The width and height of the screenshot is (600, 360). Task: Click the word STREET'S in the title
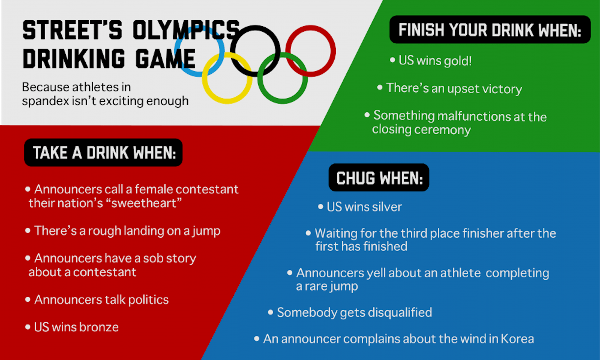coord(72,30)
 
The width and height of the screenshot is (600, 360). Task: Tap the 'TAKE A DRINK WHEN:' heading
coord(104,153)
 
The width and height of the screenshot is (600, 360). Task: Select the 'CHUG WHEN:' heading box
coord(379,178)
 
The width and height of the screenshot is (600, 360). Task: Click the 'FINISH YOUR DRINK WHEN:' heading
coord(490,30)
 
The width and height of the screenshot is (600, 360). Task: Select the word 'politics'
coord(148,300)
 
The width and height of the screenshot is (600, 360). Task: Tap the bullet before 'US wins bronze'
coord(28,327)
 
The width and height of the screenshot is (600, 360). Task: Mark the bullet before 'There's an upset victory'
coord(380,88)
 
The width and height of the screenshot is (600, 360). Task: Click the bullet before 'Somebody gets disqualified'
coord(271,312)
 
